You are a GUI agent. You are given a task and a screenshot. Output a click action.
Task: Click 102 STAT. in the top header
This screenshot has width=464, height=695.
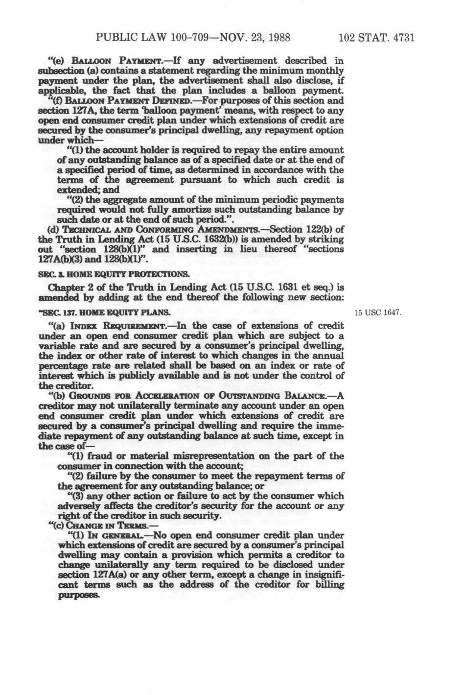[x=360, y=38]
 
